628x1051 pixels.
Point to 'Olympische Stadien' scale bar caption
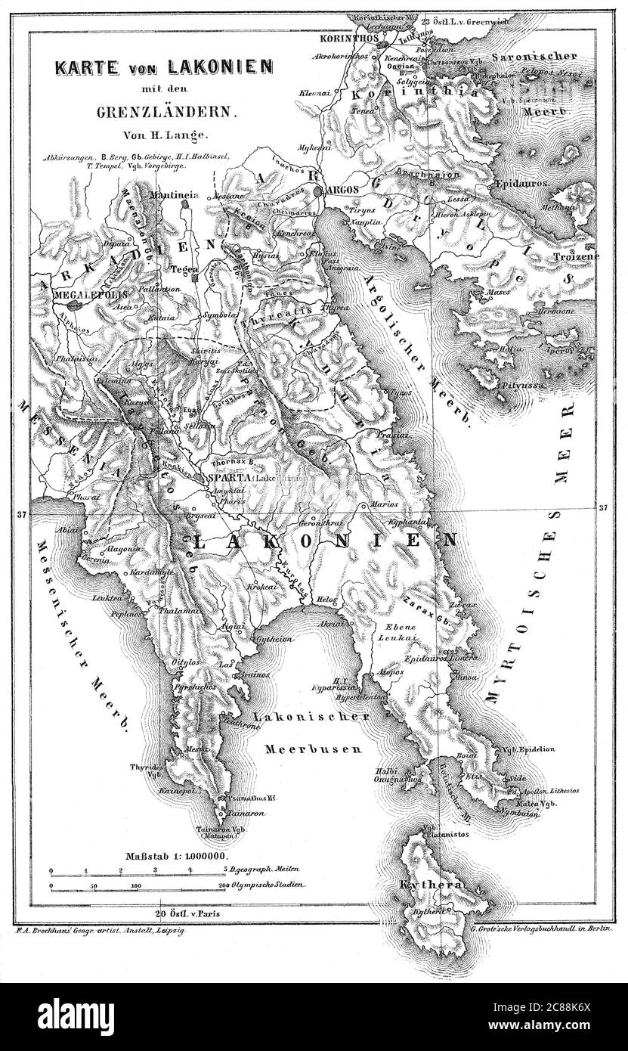click(x=269, y=884)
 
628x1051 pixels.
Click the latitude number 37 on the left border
click(x=21, y=514)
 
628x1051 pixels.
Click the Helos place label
click(x=327, y=598)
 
